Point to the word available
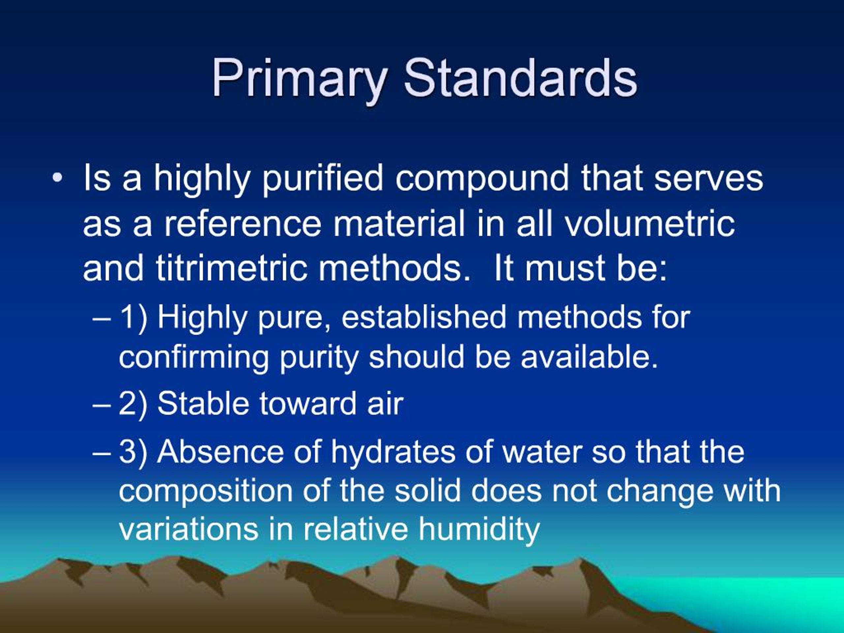(x=589, y=357)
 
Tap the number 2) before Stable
(x=133, y=404)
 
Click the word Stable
(x=203, y=403)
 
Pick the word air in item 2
(x=385, y=404)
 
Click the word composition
(x=205, y=492)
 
